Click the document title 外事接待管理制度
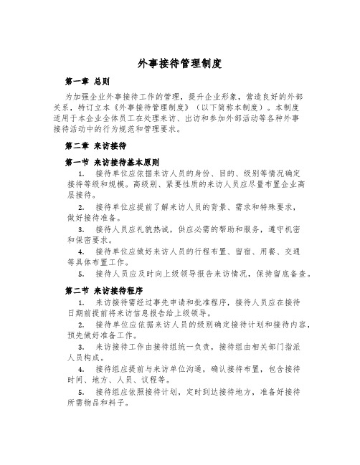click(x=179, y=64)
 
